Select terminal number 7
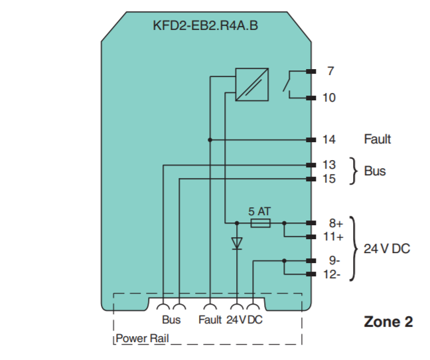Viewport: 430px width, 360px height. [330, 71]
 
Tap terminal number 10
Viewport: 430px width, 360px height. [329, 98]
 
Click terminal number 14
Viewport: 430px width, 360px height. [329, 139]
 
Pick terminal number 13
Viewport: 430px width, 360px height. [329, 165]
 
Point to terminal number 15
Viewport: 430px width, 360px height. [329, 179]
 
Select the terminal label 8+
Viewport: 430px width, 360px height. [335, 224]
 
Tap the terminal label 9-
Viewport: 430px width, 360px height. [334, 261]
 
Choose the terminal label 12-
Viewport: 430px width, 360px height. [332, 274]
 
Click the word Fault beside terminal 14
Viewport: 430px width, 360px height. [377, 139]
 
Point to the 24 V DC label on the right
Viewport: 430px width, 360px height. [387, 249]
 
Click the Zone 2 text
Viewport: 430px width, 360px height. [388, 322]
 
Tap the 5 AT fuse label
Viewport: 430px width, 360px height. [259, 211]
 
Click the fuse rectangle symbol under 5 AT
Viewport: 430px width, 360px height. [259, 223]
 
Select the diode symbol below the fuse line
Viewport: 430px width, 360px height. [237, 243]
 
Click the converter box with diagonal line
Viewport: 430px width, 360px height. [251, 84]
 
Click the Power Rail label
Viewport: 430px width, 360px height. [143, 339]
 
